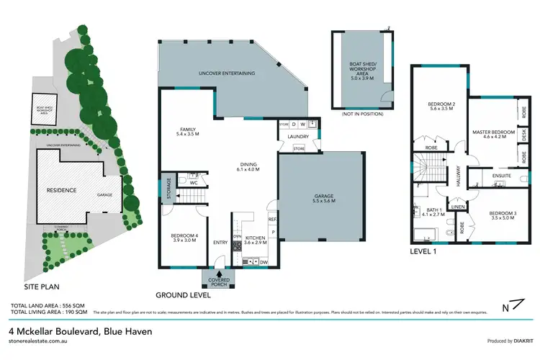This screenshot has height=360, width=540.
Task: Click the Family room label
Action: pyautogui.click(x=186, y=131)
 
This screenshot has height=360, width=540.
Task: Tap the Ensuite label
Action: pyautogui.click(x=492, y=175)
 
